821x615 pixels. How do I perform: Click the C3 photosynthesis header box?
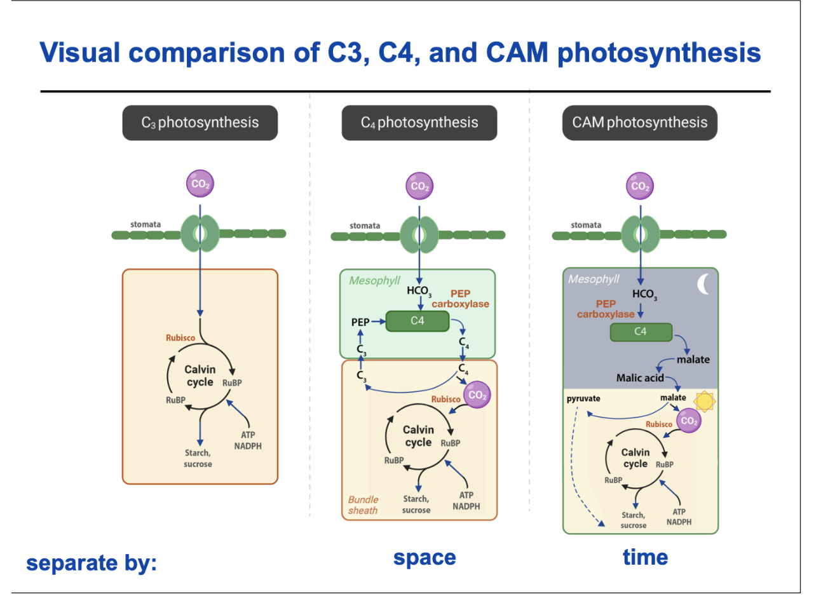pos(200,123)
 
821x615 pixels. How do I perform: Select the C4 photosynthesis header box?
pos(419,123)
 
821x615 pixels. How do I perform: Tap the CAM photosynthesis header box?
pos(639,123)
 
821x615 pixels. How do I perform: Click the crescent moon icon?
pos(703,284)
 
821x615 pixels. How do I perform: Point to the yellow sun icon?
pos(704,402)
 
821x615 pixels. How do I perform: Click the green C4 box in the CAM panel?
pos(641,332)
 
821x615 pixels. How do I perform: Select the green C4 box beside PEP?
pos(417,321)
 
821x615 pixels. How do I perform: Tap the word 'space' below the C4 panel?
pos(424,557)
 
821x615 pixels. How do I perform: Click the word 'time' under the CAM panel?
pos(645,557)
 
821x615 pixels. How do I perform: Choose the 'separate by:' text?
pos(92,563)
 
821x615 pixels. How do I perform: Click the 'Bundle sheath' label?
pos(363,505)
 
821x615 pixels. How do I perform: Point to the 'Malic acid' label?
pos(639,378)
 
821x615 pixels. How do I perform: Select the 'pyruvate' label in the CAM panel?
pos(583,399)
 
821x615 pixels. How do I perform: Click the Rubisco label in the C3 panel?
pos(180,338)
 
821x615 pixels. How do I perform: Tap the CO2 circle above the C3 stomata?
pos(200,184)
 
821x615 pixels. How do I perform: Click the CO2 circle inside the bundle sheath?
pos(477,395)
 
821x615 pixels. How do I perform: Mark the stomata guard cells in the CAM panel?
pos(641,234)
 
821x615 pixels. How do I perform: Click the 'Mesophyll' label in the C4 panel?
pos(374,281)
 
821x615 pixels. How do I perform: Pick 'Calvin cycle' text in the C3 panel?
pos(200,375)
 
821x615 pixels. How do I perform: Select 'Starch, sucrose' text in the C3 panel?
pos(198,458)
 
